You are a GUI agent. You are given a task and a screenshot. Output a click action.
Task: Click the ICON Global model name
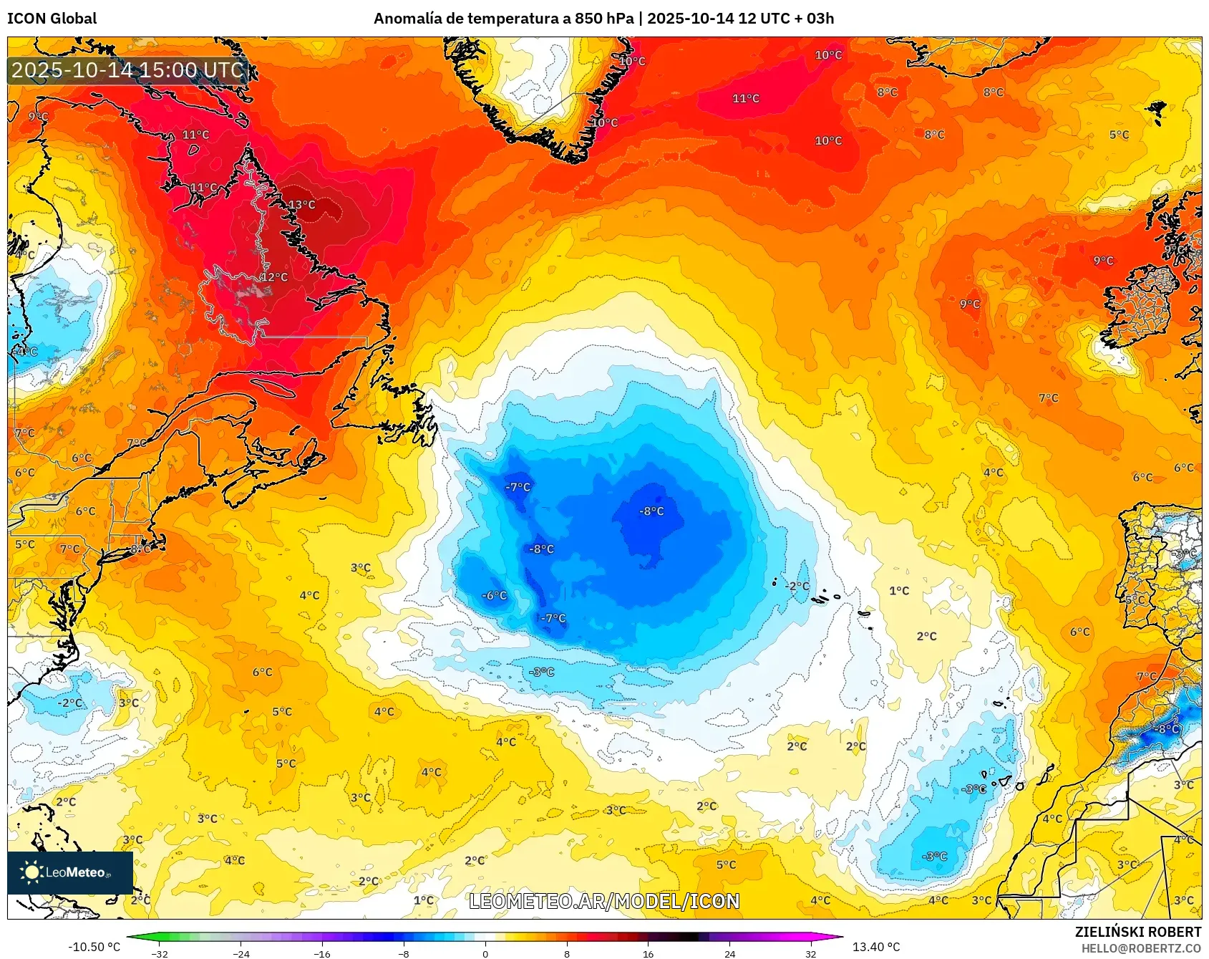[52, 19]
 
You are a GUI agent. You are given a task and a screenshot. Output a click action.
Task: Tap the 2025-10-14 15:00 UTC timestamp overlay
[128, 70]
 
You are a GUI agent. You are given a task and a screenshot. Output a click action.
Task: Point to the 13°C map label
[301, 205]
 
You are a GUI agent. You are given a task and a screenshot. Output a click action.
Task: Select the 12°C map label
[274, 277]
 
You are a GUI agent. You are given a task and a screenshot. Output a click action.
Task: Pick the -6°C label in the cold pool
[494, 596]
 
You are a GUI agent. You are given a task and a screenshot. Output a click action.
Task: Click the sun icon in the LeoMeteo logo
[31, 872]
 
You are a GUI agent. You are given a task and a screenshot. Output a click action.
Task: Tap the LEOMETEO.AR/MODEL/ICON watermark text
[604, 901]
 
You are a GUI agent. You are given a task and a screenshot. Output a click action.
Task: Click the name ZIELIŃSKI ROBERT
[1137, 932]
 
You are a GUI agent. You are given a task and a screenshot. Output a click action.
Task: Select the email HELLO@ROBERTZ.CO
[1141, 948]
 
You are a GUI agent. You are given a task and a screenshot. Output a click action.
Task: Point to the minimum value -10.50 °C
[94, 947]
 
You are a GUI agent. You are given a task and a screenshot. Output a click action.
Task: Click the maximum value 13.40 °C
[876, 947]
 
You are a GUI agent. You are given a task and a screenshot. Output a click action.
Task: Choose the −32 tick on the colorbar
[160, 954]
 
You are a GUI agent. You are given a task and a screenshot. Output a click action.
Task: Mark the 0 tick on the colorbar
[485, 954]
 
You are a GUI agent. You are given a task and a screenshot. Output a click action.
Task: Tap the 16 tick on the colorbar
[648, 954]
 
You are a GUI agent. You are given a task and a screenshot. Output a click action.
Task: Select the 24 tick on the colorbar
[729, 954]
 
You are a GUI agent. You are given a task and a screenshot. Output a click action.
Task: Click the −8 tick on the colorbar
[404, 954]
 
